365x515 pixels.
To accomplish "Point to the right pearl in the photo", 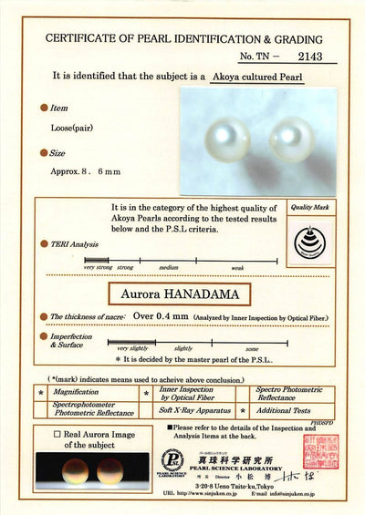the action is pyautogui.click(x=291, y=140).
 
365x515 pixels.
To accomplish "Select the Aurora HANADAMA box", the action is pyautogui.click(x=181, y=294).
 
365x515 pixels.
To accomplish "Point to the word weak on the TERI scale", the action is pyautogui.click(x=237, y=267).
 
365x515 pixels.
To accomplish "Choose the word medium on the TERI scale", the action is pyautogui.click(x=169, y=267).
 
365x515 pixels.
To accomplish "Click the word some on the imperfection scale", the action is pyautogui.click(x=252, y=348).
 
